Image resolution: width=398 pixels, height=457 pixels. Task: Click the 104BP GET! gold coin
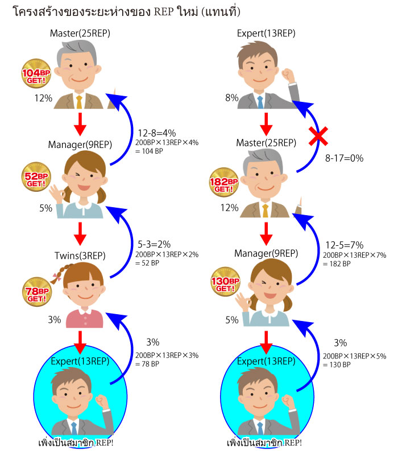click(x=36, y=73)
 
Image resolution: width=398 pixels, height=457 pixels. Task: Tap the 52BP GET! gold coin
click(x=36, y=176)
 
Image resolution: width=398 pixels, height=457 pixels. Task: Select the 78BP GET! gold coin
click(x=37, y=292)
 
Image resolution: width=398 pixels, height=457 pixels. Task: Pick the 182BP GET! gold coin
click(x=224, y=182)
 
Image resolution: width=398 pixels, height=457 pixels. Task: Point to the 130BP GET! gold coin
click(x=225, y=282)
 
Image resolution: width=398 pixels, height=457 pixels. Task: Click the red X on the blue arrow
click(x=318, y=136)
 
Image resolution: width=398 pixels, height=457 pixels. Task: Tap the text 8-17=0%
click(x=344, y=158)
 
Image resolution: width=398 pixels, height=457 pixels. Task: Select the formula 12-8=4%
click(x=156, y=133)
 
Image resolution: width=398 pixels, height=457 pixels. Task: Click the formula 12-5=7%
click(x=345, y=245)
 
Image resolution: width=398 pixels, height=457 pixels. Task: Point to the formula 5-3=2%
click(x=154, y=244)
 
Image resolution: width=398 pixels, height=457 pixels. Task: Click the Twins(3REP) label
click(x=80, y=256)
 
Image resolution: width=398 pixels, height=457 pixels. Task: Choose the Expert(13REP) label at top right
click(x=266, y=33)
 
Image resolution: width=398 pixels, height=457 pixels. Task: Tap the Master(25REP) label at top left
click(x=80, y=33)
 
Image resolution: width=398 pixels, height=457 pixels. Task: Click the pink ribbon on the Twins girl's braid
click(x=56, y=277)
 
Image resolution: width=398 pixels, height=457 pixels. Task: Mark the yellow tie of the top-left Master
click(x=79, y=102)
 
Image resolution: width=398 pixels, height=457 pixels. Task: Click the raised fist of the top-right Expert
click(x=288, y=75)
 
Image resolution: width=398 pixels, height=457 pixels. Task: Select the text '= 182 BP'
click(x=337, y=264)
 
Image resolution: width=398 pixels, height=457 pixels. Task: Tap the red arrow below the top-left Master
click(x=80, y=124)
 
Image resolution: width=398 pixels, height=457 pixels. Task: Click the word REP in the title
click(x=164, y=11)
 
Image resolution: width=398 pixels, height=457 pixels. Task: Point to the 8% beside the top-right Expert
click(x=232, y=98)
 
